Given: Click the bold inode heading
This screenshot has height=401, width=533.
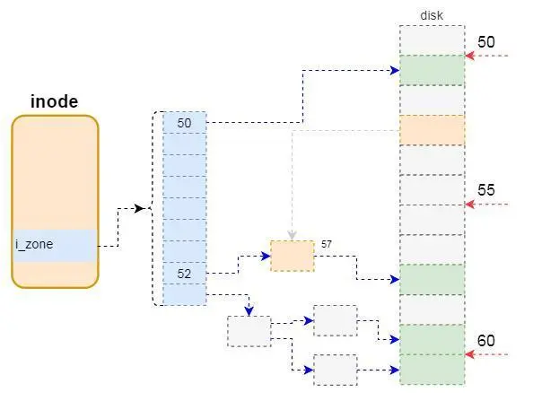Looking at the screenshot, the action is tap(55, 101).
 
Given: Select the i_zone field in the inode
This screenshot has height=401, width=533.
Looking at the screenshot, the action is tap(55, 246).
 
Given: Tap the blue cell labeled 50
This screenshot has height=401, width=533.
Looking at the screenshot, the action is tap(185, 122).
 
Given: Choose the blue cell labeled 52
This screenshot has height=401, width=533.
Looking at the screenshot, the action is tap(185, 274).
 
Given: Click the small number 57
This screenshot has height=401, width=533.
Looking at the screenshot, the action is tap(327, 244).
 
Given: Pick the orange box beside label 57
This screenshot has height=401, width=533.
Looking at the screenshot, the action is tap(293, 256).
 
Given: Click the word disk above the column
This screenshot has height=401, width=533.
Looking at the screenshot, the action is tap(432, 15).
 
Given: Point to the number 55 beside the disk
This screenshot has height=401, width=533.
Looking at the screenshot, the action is tap(486, 190).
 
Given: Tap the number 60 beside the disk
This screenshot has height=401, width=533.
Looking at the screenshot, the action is tap(486, 340).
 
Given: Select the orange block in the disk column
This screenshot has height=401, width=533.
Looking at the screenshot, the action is tap(432, 130).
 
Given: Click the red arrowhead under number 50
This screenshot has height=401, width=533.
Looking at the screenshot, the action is tap(470, 56).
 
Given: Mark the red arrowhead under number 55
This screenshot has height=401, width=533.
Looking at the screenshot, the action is tap(470, 205).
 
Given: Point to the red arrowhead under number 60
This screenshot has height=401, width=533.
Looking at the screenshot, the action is tap(470, 354).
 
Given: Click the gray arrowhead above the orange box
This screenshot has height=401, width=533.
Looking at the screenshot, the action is tap(292, 235).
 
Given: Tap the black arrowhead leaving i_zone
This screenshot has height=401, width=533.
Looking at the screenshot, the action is tap(139, 208).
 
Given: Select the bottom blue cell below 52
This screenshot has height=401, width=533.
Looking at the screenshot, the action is tap(185, 294).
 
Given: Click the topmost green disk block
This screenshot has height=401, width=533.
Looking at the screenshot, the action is tap(432, 70).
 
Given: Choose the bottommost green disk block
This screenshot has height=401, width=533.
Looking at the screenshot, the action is tap(432, 370).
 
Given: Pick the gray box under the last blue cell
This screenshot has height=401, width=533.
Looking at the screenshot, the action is tap(249, 331).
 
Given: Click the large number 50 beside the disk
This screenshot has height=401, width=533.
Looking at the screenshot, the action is tap(486, 42).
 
